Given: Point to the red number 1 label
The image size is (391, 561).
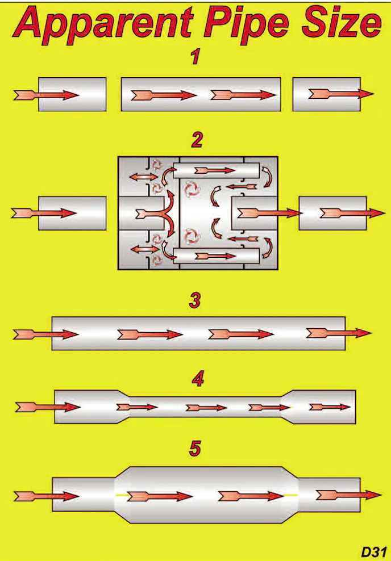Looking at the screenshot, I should tap(195, 58).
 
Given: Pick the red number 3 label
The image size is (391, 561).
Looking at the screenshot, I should tap(195, 300).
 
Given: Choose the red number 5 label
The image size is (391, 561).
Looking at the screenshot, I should tap(195, 449).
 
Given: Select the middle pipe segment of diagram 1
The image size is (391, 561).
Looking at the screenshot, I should tap(201, 94).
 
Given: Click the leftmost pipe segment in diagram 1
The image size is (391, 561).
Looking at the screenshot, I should tap(72, 94).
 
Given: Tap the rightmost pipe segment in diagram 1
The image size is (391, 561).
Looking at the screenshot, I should tap(325, 94).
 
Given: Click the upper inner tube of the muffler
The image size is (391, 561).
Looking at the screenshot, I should tap(216, 170).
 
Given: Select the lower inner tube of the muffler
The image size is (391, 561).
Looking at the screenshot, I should tap(216, 257).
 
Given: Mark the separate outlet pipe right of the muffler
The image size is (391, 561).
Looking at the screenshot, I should tap(332, 213).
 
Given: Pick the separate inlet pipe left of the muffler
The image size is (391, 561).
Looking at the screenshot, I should tap(72, 213).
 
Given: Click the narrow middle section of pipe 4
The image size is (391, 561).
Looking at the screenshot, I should tap(205, 407).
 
